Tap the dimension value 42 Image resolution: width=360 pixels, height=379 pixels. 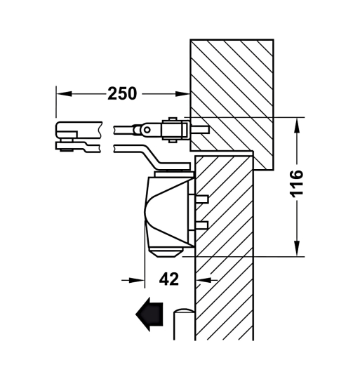[x=168, y=279]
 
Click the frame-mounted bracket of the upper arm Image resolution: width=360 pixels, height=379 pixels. [x=175, y=130]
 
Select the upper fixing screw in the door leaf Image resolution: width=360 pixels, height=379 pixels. [x=201, y=198]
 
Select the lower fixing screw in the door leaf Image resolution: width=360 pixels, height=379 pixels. [x=201, y=225]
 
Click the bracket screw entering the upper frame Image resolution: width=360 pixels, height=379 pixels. [x=200, y=129]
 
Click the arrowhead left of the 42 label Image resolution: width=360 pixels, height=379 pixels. [x=137, y=279]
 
